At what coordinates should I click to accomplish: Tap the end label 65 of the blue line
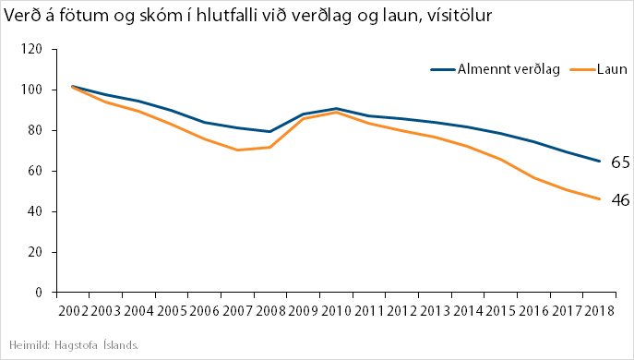[x=620, y=162]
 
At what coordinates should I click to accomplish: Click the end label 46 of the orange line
[x=620, y=199]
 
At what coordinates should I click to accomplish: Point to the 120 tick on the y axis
[x=33, y=49]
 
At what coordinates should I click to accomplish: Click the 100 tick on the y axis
[x=33, y=90]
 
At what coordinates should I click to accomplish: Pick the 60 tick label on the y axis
[x=36, y=171]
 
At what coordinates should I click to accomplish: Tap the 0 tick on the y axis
[x=40, y=293]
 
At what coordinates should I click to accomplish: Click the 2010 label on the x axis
[x=337, y=311]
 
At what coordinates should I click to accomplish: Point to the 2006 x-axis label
[x=204, y=311]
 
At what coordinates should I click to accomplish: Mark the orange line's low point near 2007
[x=238, y=150]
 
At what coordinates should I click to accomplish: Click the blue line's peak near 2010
[x=336, y=109]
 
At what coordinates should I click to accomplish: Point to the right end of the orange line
[x=601, y=199]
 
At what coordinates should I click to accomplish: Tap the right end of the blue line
[x=601, y=162]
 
